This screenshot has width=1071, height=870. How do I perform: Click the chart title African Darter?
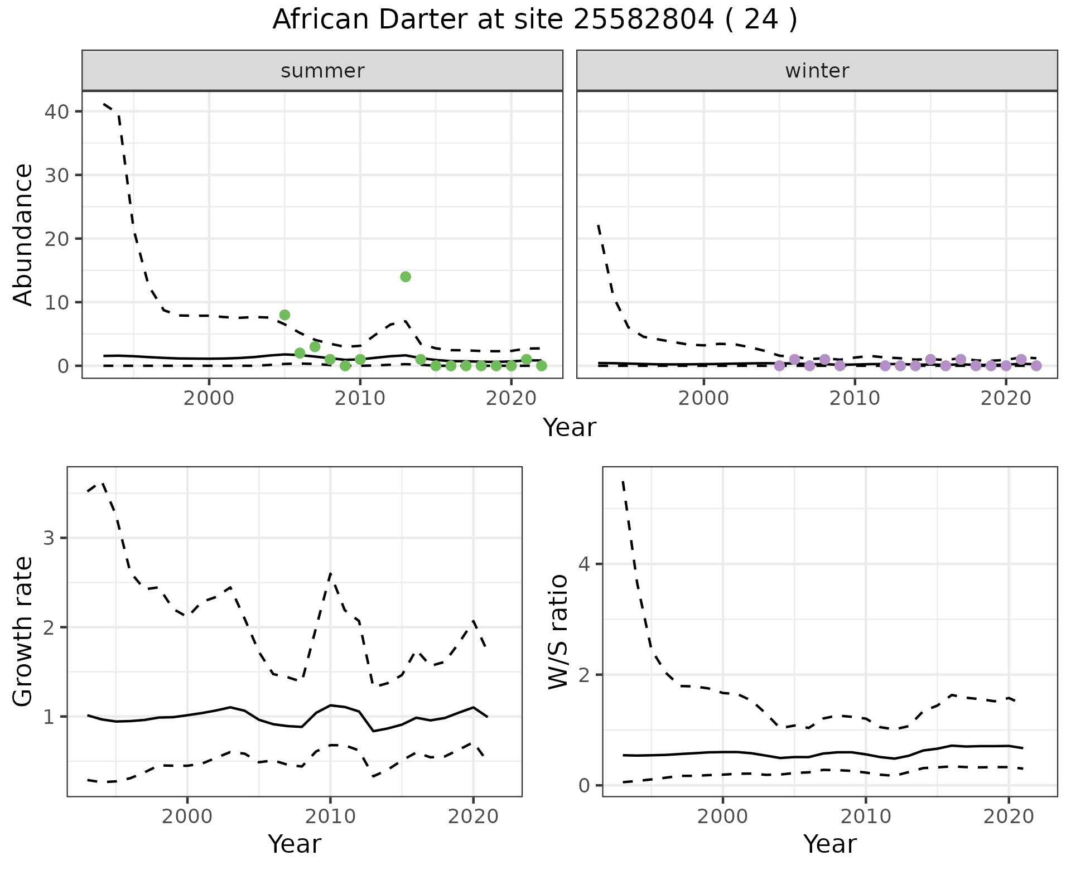pos(534,20)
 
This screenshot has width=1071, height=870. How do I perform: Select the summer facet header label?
pos(322,71)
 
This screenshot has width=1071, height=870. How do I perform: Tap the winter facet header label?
pos(817,71)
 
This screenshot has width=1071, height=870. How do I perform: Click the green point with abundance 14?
pos(406,277)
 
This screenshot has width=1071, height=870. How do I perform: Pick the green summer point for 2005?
pos(284,315)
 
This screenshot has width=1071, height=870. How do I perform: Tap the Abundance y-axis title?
pos(23,234)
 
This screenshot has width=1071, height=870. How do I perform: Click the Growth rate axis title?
pos(23,631)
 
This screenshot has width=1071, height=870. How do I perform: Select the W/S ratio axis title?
pos(558,631)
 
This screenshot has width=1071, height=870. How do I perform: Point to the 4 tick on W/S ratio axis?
pos(584,564)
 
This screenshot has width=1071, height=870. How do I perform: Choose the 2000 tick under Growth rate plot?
pos(187,817)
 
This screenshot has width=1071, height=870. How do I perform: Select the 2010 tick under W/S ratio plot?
pos(865,817)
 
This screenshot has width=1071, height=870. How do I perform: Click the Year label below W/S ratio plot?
pos(829,844)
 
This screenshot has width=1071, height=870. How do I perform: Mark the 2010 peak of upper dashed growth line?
pos(330,573)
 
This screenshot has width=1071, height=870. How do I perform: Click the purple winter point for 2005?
pos(779,366)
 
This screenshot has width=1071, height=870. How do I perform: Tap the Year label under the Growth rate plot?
pos(295,844)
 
